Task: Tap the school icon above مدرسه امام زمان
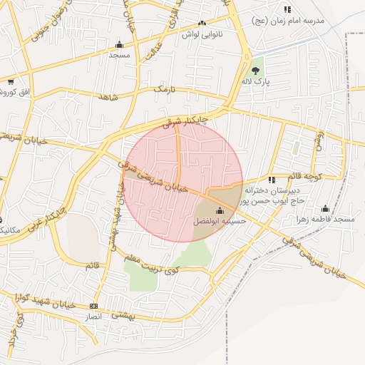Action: coord(287,9)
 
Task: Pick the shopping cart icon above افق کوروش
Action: coord(11,81)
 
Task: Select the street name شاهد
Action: coord(109,96)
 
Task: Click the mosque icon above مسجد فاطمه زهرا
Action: coord(326,208)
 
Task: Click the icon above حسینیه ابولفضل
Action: coord(219,211)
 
